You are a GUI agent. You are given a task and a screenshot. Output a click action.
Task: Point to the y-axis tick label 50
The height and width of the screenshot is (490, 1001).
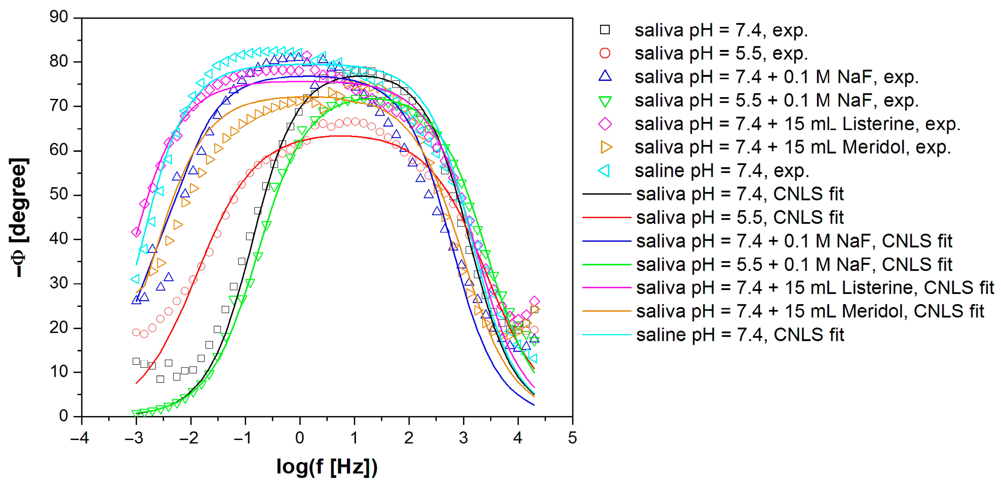point(59,195)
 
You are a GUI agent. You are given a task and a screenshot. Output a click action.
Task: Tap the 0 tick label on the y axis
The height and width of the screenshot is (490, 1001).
point(63,416)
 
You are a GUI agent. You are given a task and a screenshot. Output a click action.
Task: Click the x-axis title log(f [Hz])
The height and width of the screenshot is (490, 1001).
point(327,467)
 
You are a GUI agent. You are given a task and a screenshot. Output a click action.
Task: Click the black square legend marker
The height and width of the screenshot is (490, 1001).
point(605,30)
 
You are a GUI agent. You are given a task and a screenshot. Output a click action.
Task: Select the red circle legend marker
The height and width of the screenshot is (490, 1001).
point(605,53)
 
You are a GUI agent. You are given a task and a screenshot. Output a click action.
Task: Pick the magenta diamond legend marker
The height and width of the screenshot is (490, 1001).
point(605,124)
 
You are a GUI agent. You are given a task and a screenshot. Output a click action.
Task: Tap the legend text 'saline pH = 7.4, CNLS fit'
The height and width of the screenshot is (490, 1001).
point(740,335)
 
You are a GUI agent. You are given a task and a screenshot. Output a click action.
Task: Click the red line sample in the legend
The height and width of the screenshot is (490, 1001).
point(607,218)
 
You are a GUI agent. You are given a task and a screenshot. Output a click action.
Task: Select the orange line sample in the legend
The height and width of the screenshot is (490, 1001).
point(607,311)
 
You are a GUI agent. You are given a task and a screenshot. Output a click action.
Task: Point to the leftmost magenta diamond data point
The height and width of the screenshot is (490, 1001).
point(136,232)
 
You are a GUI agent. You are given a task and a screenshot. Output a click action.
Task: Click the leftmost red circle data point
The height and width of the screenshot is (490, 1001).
point(136,332)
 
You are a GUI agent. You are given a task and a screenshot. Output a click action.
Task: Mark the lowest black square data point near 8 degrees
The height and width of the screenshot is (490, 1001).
point(160,379)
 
